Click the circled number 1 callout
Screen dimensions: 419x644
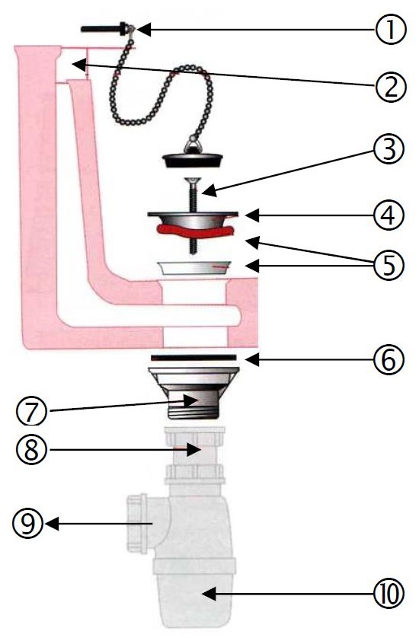coord(390,30)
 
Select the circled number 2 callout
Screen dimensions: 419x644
coord(390,87)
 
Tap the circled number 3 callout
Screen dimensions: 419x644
coord(389,149)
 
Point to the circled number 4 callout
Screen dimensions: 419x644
coord(389,215)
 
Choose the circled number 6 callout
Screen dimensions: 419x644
coord(389,359)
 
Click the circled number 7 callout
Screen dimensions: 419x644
coord(32,412)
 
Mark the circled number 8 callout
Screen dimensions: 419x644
coord(32,449)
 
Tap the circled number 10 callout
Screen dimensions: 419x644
coord(389,593)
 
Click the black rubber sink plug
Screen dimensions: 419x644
coord(193,160)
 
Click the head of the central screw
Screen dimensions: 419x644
coord(193,180)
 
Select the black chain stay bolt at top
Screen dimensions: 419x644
coord(104,29)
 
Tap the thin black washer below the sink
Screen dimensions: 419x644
coord(194,357)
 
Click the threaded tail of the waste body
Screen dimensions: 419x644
coord(194,409)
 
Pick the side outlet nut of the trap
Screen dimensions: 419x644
coord(136,523)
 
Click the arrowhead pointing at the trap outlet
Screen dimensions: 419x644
coord(52,524)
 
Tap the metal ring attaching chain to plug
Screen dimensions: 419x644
coord(192,145)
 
